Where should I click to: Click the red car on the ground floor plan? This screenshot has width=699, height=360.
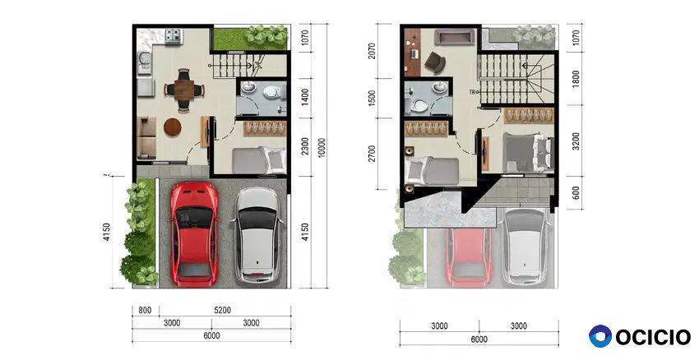tap(194, 233)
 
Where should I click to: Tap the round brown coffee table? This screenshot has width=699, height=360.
tap(173, 127)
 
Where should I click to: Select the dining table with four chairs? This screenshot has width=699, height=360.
tap(184, 90)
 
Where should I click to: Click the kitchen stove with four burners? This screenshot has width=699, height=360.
tap(173, 35)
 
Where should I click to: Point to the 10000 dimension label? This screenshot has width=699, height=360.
tap(322, 147)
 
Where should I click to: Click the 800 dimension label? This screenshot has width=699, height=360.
tap(145, 310)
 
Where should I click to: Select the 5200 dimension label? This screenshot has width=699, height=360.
tap(222, 310)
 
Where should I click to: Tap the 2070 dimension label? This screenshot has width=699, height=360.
tap(373, 51)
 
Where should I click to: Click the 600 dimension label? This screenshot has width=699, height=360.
tap(576, 192)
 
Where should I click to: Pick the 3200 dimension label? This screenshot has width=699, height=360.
tap(576, 141)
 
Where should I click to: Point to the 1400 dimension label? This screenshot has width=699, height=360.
tap(305, 97)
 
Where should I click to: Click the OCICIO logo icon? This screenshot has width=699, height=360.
tap(600, 336)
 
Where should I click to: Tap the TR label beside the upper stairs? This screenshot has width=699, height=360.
tap(472, 92)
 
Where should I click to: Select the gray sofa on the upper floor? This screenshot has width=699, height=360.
tap(455, 37)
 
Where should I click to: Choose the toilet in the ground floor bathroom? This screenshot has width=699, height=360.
tap(272, 92)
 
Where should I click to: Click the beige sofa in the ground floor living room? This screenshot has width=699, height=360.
tap(146, 138)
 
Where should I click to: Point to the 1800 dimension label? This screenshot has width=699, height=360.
tap(576, 79)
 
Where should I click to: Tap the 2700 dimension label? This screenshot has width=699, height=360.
tap(373, 153)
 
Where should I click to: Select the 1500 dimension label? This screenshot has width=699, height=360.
tap(373, 98)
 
